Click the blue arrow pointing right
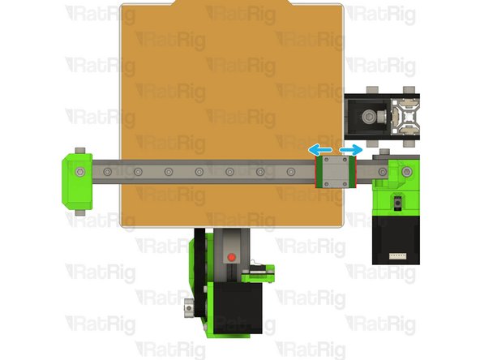pos(351,150)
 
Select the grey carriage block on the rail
pos(333,172)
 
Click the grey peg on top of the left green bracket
pos(80,151)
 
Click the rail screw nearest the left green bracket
pos(108,172)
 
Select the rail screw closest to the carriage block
pos(291,172)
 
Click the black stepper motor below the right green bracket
pos(395,239)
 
